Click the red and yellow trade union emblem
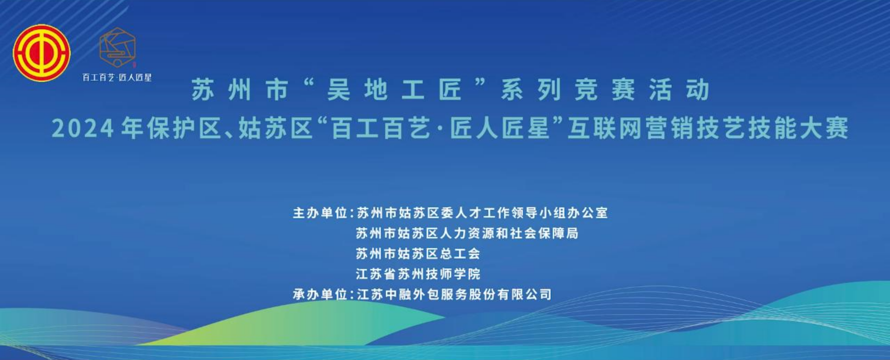pos(41,53)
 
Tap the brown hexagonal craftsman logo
pos(118,47)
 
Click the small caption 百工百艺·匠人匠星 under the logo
pos(117,77)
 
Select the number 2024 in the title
pos(83,128)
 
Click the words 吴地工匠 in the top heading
pos(394,89)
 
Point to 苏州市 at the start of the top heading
pos(240,89)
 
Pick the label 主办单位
pos(320,213)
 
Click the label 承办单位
pos(320,294)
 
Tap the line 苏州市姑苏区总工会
pos(418,253)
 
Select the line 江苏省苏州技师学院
pos(418,274)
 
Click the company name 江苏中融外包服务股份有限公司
pos(454,294)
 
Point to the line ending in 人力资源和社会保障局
pos(467,233)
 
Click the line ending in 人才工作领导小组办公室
pos(482,213)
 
